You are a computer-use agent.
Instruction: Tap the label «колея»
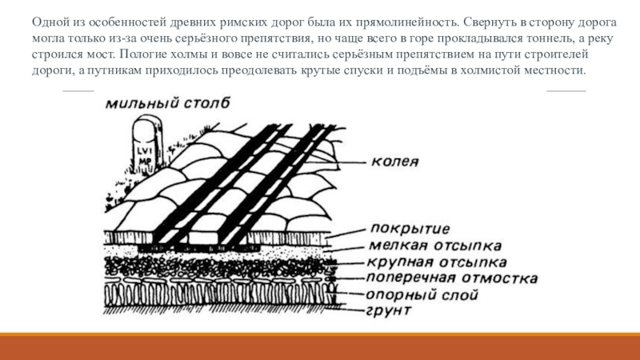(x=395, y=161)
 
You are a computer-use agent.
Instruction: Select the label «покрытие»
(x=410, y=229)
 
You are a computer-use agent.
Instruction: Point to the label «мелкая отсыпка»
(x=435, y=245)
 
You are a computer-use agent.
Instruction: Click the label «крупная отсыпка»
(x=437, y=262)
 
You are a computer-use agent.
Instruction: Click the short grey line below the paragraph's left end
(x=78, y=90)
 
